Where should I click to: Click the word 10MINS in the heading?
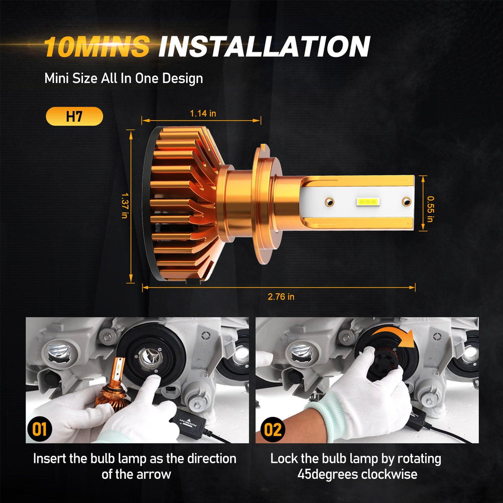[x=97, y=46]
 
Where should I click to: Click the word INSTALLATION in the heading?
[x=265, y=46]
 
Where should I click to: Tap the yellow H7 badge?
[x=74, y=116]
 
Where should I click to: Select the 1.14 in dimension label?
[x=203, y=113]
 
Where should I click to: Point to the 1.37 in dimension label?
[x=125, y=205]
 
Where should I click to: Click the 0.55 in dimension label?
[x=430, y=209]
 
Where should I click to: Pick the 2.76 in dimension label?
[x=281, y=296]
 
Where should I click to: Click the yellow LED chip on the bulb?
[x=368, y=202]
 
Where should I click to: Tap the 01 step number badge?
[x=39, y=429]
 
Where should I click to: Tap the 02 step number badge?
[x=272, y=430]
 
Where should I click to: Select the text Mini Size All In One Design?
[x=124, y=78]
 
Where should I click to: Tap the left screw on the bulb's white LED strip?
[x=329, y=202]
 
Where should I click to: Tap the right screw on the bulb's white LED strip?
[x=406, y=202]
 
